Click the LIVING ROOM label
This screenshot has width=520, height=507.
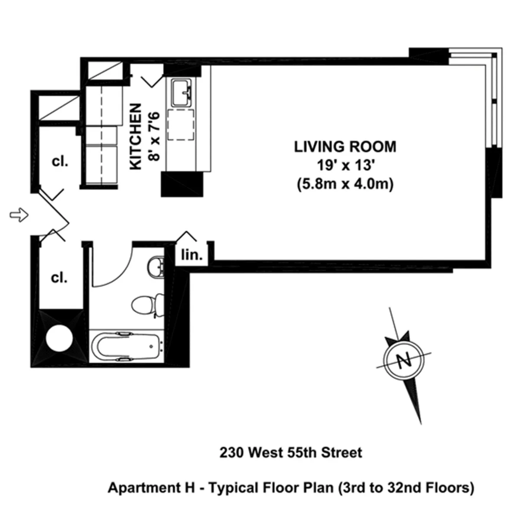(345, 146)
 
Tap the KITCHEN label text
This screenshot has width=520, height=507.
(136, 136)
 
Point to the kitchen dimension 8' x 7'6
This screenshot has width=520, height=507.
(154, 136)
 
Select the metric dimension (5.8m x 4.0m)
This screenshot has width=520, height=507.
(345, 185)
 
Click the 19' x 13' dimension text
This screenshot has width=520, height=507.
(345, 166)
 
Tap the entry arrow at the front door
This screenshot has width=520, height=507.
(19, 214)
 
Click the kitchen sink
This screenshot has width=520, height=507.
(183, 93)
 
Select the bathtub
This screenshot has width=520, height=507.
(127, 347)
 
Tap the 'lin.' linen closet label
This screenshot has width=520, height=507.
(192, 255)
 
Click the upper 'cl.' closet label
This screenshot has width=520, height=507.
(60, 161)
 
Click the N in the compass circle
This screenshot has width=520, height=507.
(404, 360)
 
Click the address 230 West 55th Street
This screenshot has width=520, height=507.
(290, 453)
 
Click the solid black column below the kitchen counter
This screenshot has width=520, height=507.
(182, 184)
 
